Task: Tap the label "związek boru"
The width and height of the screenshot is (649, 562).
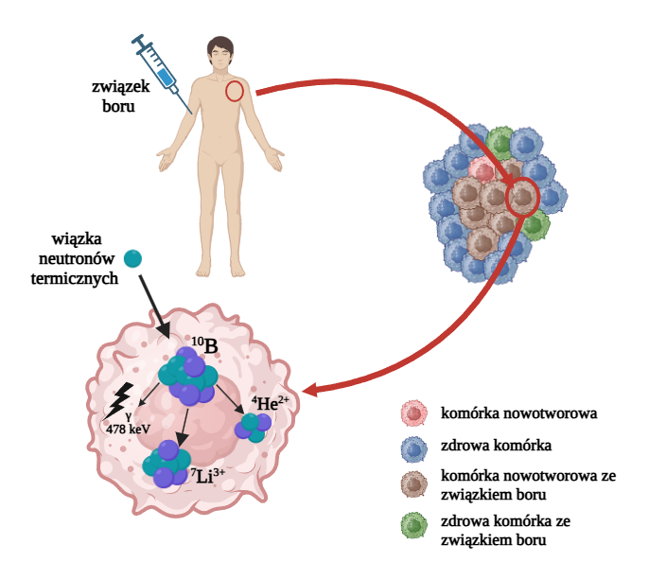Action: [x=122, y=97]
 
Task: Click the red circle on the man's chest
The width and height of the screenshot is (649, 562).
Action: [x=235, y=91]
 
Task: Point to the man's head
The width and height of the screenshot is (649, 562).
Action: [x=220, y=54]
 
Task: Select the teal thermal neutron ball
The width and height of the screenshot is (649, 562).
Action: [x=133, y=257]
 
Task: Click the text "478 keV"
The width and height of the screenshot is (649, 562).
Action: [x=129, y=428]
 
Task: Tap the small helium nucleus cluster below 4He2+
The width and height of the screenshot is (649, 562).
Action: [x=253, y=426]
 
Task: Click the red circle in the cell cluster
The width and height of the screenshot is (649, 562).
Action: [x=521, y=198]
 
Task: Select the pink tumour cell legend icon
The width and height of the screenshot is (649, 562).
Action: [x=414, y=413]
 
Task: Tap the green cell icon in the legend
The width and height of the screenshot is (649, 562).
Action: [x=414, y=527]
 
